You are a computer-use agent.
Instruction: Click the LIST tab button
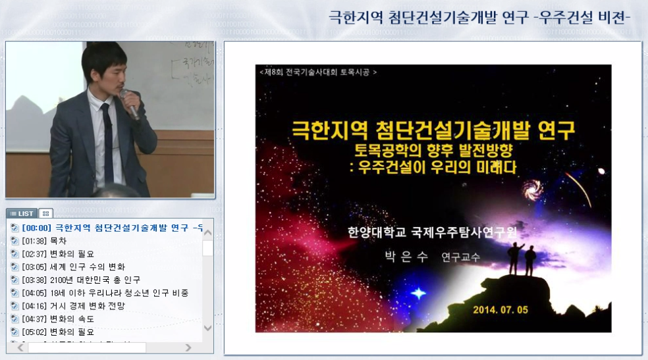22,213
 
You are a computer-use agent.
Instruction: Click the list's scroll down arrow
207,328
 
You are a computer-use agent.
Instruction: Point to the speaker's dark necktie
107,141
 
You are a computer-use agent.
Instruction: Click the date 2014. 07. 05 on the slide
500,309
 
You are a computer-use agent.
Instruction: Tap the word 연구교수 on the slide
460,257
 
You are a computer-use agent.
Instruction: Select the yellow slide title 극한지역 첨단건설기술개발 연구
433,130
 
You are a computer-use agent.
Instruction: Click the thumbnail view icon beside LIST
45,213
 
